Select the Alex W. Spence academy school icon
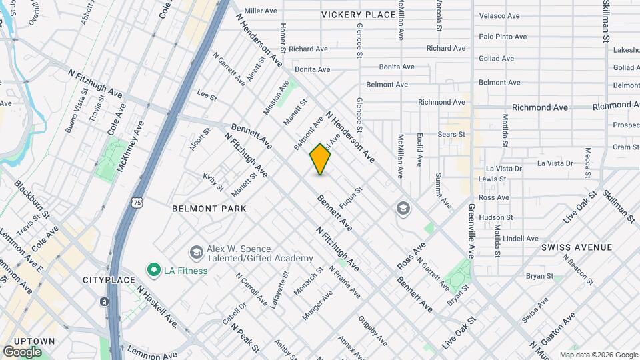[x=196, y=252]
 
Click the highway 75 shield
[x=137, y=201]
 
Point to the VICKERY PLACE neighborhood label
[x=358, y=15]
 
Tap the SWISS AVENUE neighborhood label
[x=577, y=247]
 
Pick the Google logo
[x=22, y=351]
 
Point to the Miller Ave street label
[x=261, y=11]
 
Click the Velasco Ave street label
[x=499, y=16]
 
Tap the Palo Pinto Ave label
[x=503, y=37]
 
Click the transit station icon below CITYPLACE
[x=105, y=301]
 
